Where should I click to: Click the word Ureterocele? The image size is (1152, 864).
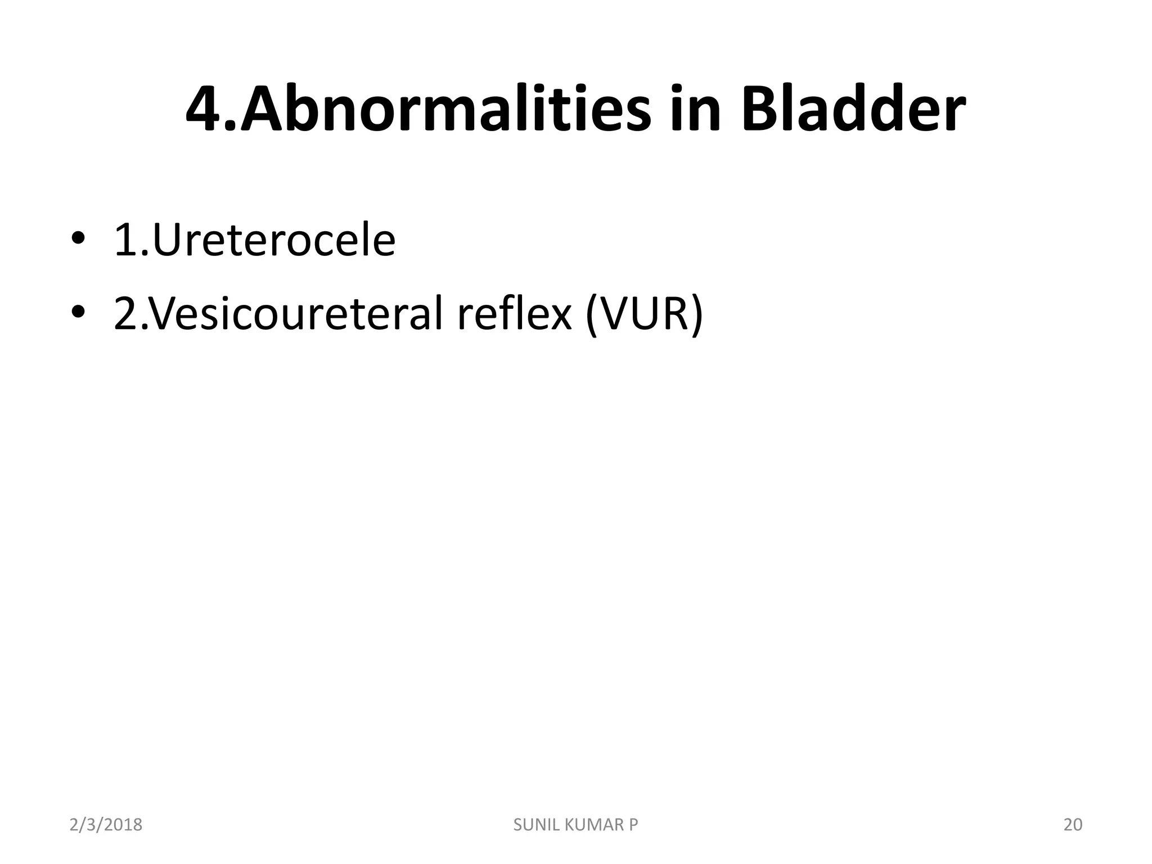click(x=273, y=240)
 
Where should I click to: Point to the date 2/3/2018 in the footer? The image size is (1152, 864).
click(x=106, y=825)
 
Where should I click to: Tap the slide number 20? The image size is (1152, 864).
click(x=1073, y=825)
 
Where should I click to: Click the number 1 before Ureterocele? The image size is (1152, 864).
click(x=125, y=241)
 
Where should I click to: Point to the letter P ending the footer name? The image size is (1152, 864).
click(x=633, y=825)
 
